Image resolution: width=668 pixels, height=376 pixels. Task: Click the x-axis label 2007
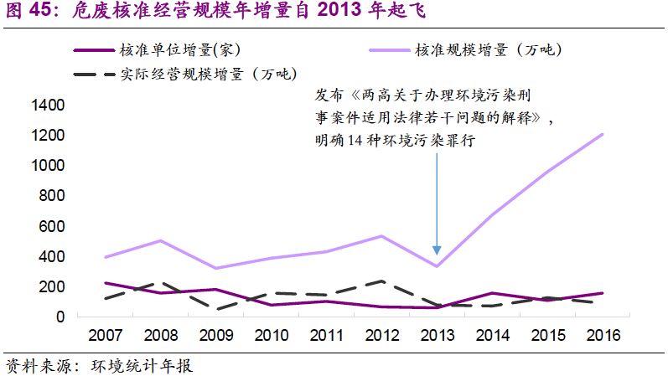click(106, 335)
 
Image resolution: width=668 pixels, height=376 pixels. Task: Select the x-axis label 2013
click(437, 335)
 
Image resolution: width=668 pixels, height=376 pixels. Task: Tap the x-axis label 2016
click(602, 335)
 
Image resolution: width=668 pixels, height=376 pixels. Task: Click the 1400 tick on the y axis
click(47, 106)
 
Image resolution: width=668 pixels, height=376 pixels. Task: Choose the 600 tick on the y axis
click(51, 226)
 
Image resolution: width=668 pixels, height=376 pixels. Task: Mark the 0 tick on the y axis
click(60, 317)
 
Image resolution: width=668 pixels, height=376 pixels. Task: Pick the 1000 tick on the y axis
click(47, 166)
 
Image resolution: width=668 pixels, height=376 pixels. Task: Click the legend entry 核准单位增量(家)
click(184, 50)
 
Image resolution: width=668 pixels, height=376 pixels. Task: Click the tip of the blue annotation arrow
click(437, 252)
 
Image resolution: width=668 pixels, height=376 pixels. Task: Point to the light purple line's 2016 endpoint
click(602, 134)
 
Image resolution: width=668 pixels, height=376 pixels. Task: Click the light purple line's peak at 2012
click(381, 236)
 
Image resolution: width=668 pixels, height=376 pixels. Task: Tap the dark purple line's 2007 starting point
click(106, 283)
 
